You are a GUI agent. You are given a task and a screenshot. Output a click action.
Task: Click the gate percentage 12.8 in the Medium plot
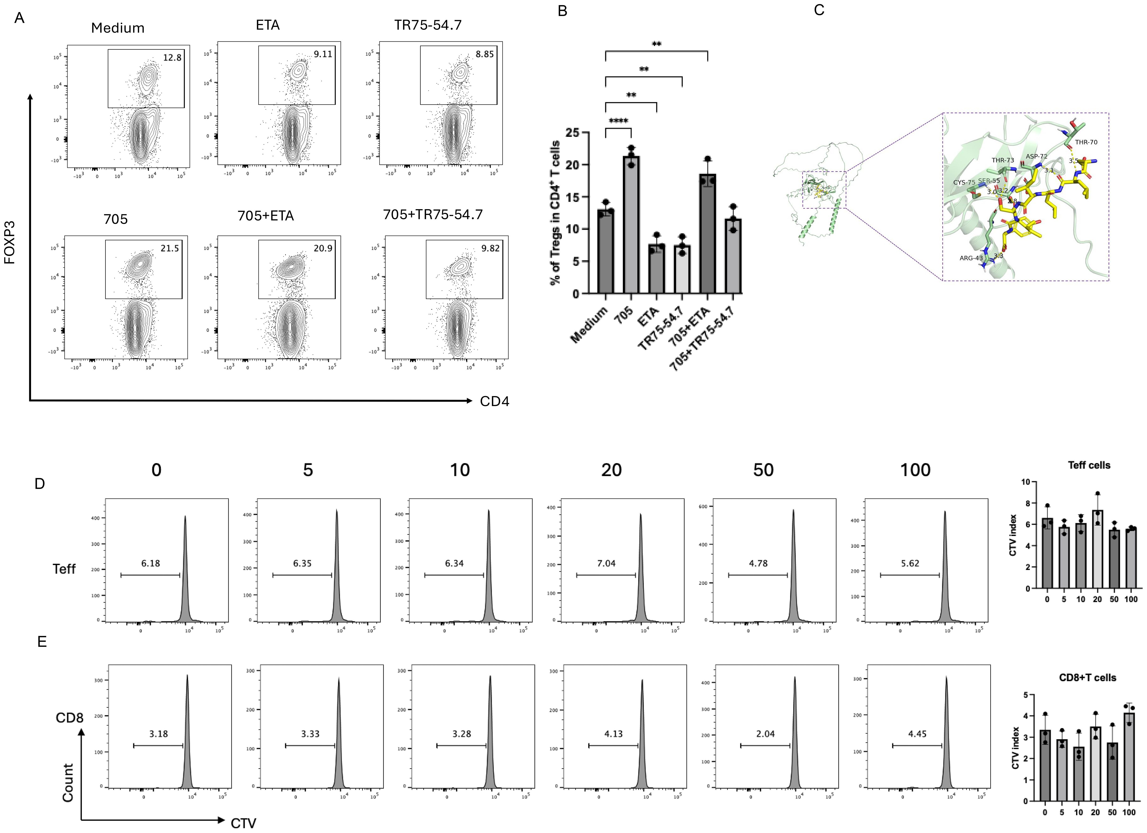click(x=172, y=58)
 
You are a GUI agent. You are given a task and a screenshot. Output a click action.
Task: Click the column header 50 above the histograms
click(x=763, y=470)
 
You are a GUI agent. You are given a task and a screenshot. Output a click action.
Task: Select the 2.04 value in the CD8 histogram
click(x=765, y=733)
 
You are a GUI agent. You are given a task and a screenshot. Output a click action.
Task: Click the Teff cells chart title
click(x=1089, y=465)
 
